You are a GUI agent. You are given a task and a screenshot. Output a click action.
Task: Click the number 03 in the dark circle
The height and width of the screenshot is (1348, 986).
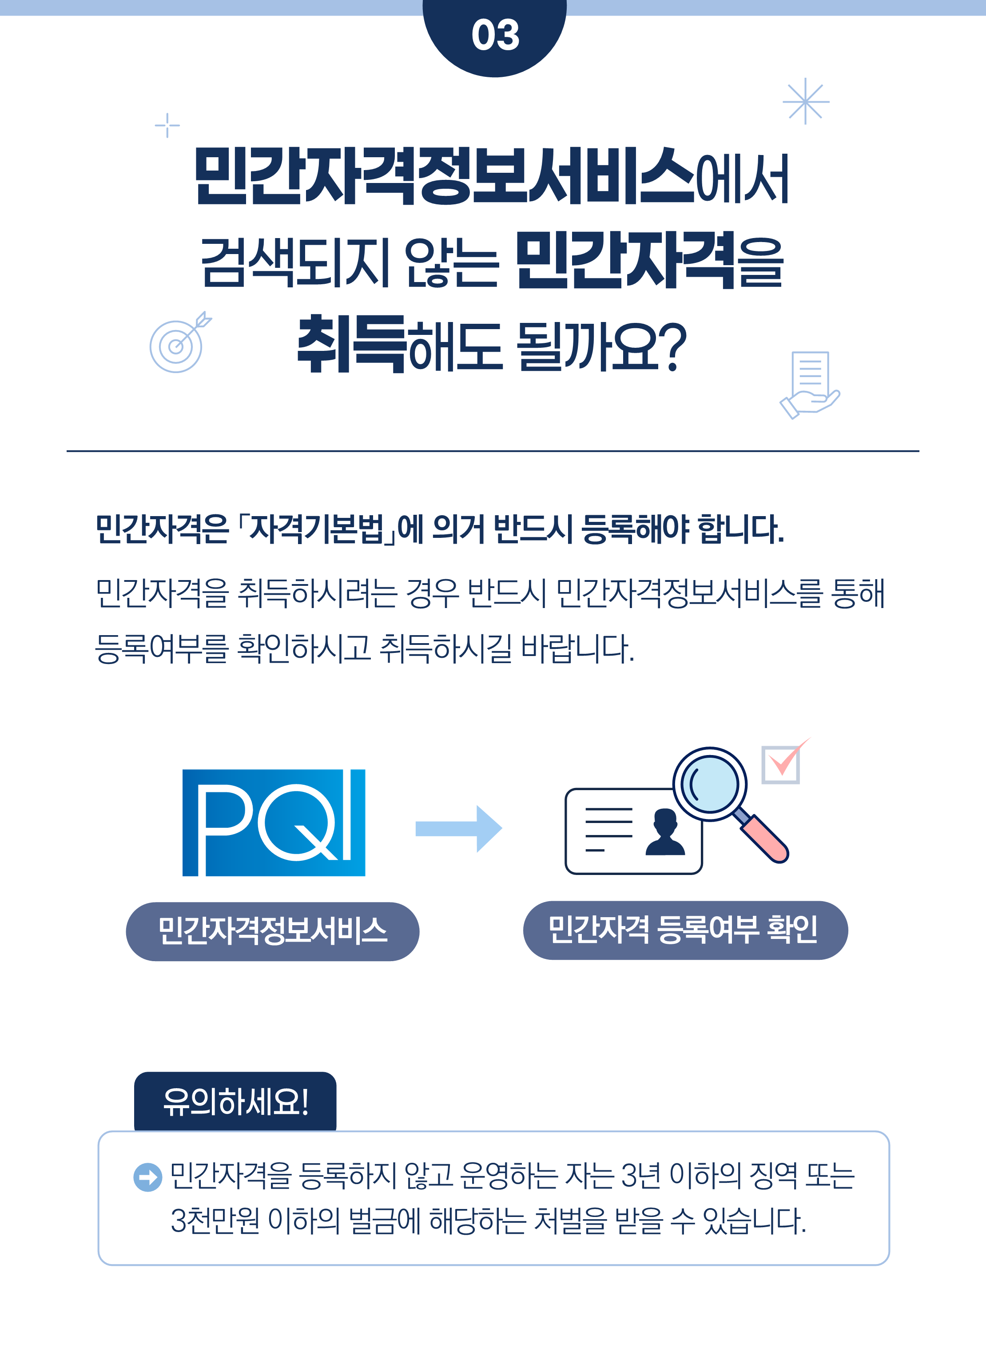(x=495, y=35)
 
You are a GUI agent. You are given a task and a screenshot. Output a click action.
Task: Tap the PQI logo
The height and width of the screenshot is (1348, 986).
(x=273, y=822)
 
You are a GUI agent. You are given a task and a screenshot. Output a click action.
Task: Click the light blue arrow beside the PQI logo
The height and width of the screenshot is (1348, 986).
(x=458, y=828)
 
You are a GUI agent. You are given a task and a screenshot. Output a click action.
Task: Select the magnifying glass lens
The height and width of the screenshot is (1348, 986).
(x=710, y=783)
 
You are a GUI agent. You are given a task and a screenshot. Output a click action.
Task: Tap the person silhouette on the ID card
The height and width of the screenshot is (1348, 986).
(x=665, y=832)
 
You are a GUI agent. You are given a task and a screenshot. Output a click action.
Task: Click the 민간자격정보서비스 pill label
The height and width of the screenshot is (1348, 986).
(x=272, y=931)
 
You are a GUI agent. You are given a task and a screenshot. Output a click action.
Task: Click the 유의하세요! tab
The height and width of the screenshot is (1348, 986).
(x=235, y=1101)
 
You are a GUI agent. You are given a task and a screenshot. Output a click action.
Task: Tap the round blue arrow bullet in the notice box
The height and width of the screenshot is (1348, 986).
(x=147, y=1177)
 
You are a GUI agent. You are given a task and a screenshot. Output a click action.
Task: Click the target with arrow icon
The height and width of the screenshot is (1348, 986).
(x=177, y=343)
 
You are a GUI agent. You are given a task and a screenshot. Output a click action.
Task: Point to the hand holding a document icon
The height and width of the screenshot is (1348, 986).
(x=809, y=385)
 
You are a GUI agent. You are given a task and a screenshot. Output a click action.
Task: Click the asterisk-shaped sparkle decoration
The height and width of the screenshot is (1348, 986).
(x=806, y=101)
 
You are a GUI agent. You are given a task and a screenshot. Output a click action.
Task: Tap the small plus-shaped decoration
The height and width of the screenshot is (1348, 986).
(x=167, y=125)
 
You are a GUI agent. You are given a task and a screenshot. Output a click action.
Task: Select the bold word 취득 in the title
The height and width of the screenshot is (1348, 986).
(x=351, y=344)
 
